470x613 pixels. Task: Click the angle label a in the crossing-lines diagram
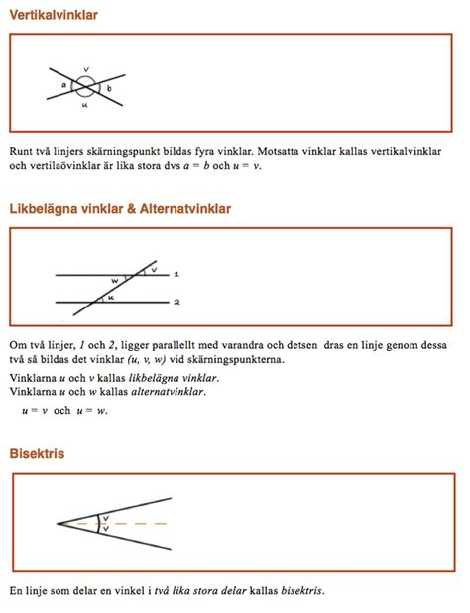pos(63,86)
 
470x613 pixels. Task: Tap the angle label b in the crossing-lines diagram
pos(109,89)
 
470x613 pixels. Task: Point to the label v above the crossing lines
pos(86,69)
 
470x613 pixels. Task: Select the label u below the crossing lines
pos(85,104)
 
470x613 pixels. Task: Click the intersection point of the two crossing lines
pos(86,86)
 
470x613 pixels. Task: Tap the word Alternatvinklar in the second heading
pos(181,210)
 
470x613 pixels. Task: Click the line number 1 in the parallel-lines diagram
pos(176,273)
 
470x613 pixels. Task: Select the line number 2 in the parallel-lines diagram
pos(176,301)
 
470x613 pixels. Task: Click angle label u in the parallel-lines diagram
pos(111,296)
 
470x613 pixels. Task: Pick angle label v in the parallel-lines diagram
pos(153,269)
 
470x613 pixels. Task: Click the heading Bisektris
pos(37,453)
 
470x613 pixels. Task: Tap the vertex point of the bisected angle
pos(58,523)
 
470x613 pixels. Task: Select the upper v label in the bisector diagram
pos(105,517)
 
